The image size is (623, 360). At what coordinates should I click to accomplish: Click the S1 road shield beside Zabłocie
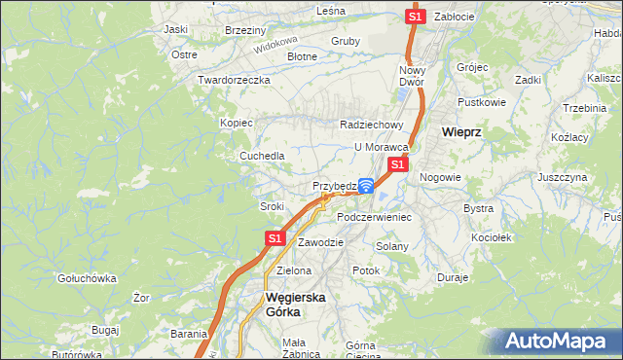click(416, 17)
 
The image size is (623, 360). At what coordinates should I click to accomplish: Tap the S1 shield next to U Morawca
click(397, 165)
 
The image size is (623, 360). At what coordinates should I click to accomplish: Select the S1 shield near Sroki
click(275, 237)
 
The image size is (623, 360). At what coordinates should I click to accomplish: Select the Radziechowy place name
click(371, 125)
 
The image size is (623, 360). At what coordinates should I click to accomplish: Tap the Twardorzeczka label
click(233, 80)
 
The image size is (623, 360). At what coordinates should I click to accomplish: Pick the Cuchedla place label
click(263, 156)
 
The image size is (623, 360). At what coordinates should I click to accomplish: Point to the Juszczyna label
click(562, 178)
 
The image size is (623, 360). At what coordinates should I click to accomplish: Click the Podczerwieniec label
click(375, 217)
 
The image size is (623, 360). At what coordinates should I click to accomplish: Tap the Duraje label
click(453, 277)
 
